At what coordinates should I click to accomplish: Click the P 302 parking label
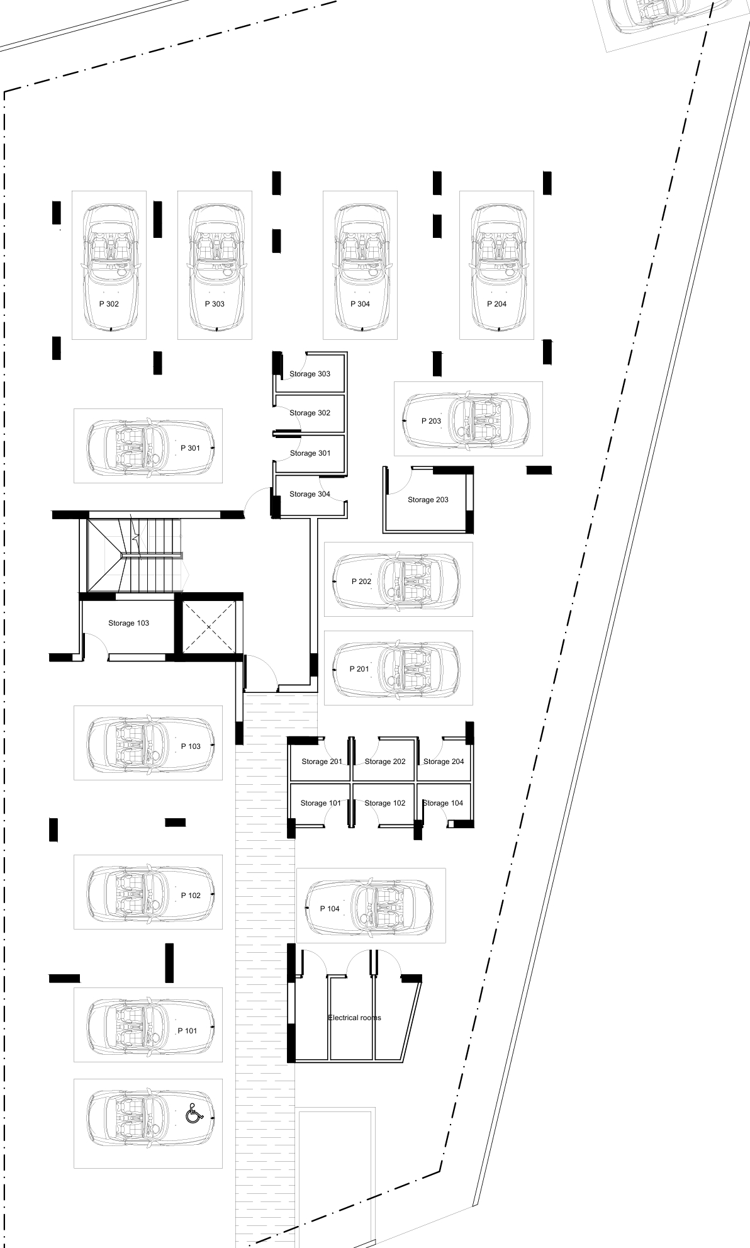pos(109,304)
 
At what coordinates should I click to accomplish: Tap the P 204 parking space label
pos(496,304)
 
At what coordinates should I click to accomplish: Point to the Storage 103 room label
pos(128,623)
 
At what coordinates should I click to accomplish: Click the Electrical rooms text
pos(354,1018)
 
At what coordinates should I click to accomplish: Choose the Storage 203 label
pos(428,500)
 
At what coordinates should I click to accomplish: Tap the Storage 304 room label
pos(310,494)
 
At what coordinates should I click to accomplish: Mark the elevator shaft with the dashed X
pos(208,627)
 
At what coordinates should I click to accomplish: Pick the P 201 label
pos(359,669)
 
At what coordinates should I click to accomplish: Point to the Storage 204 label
pos(444,762)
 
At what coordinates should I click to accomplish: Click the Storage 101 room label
pos(321,803)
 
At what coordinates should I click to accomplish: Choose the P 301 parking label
pos(190,448)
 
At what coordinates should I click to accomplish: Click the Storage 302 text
pos(310,413)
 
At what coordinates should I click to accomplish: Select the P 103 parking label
pos(191,746)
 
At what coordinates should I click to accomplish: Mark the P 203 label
pos(431,421)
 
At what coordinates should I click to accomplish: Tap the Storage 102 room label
pos(385,803)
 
